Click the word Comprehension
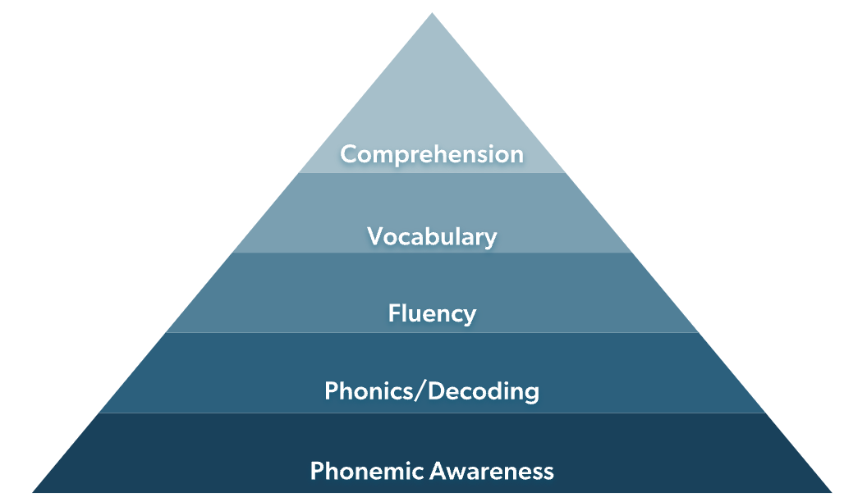[432, 154]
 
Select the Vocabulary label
[432, 236]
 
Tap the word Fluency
[432, 313]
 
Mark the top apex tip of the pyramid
[432, 14]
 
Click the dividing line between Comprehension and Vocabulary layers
[432, 172]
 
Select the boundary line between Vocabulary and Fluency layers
[432, 252]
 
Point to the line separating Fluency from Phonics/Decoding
[432, 332]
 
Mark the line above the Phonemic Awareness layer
[432, 413]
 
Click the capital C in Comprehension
[348, 154]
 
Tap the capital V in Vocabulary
[374, 236]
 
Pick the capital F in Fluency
[394, 313]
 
